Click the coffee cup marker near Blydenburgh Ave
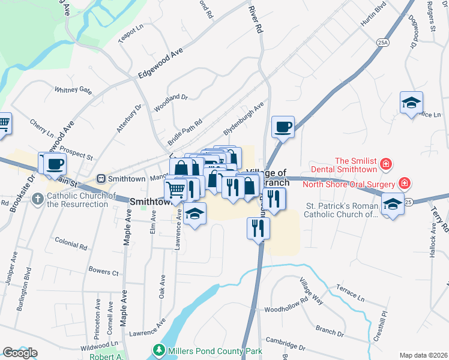coord(283,127)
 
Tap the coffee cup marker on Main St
coord(54,164)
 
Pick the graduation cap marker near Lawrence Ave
coord(194,214)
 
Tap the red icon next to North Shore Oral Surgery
coord(405,183)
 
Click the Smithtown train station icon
coord(101,178)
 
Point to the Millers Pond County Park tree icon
coord(159,349)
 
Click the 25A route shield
coord(383,43)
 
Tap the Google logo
coord(20,353)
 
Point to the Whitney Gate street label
coord(73,90)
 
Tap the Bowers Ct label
coord(103,272)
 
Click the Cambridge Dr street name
coord(286,343)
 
